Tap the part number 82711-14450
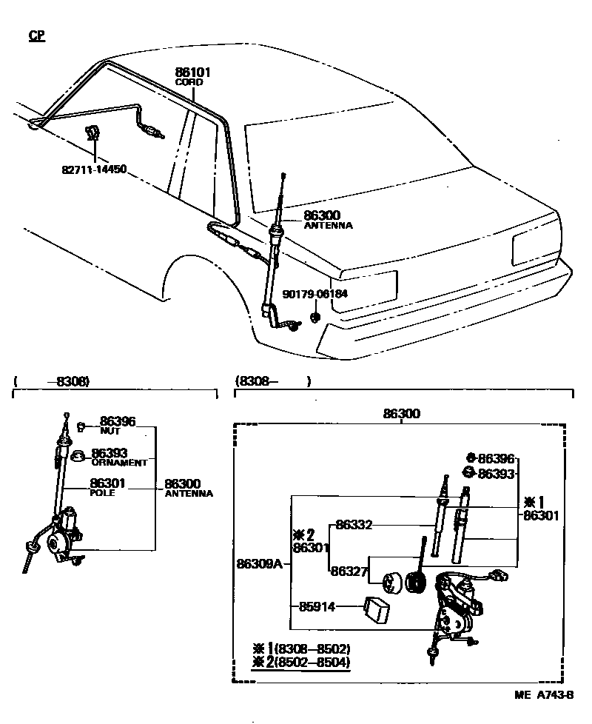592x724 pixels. click(94, 169)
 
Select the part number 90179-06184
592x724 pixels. click(314, 294)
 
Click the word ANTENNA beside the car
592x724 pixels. click(328, 225)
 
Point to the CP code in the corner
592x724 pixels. click(36, 36)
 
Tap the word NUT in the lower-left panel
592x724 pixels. click(110, 430)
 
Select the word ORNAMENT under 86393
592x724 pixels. click(119, 462)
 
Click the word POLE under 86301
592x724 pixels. click(102, 492)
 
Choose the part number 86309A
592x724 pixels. click(259, 564)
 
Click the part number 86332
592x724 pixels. click(354, 525)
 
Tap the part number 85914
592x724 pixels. click(317, 607)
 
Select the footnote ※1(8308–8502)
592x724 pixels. click(301, 648)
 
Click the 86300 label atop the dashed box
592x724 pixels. click(400, 415)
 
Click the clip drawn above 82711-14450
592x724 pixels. click(92, 133)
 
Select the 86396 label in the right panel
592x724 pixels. click(496, 459)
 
